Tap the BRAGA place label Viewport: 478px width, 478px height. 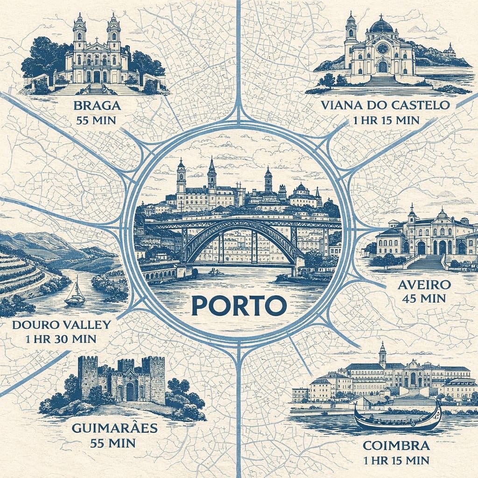point(97,105)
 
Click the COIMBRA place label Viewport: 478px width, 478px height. point(396,445)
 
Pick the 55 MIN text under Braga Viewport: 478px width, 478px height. point(97,119)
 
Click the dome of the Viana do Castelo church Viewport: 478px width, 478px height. point(381,26)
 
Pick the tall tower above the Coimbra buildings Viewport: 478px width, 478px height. point(382,355)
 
